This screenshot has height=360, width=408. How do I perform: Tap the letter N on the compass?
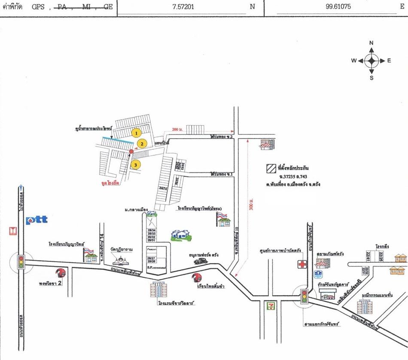tap(371, 43)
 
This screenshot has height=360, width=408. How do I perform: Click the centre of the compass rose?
tap(371, 61)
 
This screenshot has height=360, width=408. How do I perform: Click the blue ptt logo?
tap(36, 221)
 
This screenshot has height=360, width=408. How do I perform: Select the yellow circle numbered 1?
tap(137, 133)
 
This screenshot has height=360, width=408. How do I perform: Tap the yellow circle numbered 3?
tap(135, 164)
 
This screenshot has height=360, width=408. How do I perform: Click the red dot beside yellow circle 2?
tap(131, 151)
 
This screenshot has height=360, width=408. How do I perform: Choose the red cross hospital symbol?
tap(303, 264)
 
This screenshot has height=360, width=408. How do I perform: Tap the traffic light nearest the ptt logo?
tap(20, 261)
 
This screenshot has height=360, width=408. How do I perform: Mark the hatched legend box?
tap(271, 167)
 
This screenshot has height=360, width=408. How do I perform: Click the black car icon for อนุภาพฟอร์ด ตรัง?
tap(200, 260)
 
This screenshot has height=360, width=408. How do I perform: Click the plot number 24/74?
tap(163, 188)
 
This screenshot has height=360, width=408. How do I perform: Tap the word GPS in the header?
tap(38, 7)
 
